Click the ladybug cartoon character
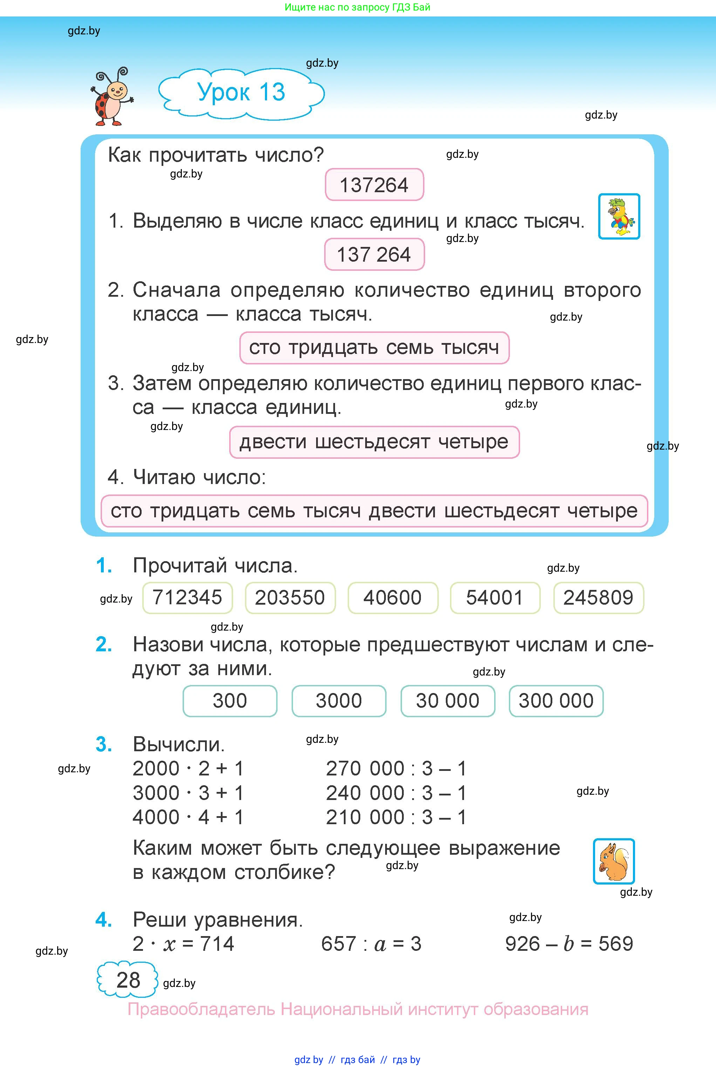click(111, 96)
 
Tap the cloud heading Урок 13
click(241, 93)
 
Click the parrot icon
click(619, 216)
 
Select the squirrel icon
click(614, 861)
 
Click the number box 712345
click(187, 598)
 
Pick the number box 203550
click(290, 598)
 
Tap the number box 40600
click(393, 598)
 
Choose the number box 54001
click(495, 598)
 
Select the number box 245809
click(598, 598)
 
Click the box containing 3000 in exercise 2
click(339, 701)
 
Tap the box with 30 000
click(448, 701)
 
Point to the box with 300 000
click(556, 701)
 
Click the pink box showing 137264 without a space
click(374, 184)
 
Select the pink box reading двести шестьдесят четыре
click(374, 442)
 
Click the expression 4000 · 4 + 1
click(188, 817)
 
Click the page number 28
click(128, 980)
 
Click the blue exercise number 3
click(104, 744)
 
